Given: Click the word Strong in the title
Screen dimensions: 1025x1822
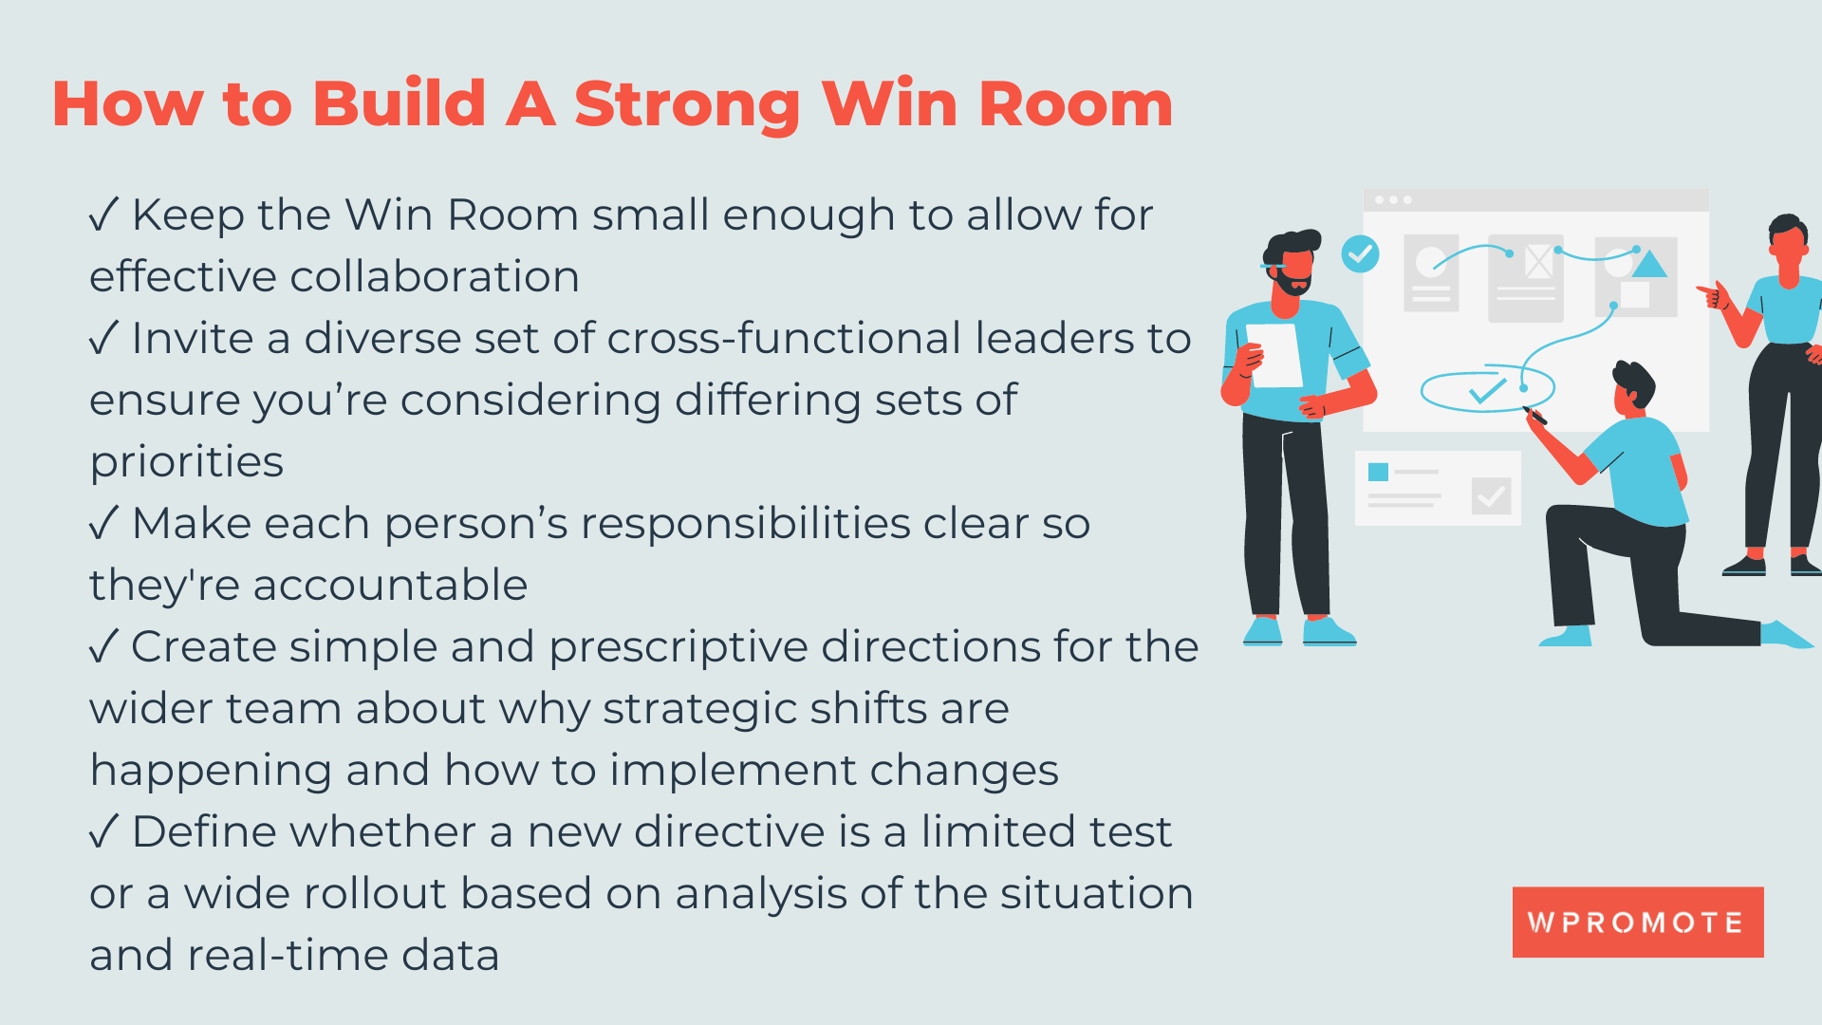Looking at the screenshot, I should pos(687,105).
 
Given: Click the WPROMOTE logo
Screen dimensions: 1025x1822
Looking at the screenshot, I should pos(1637,922).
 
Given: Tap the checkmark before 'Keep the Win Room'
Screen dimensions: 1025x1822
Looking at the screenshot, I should pos(103,214).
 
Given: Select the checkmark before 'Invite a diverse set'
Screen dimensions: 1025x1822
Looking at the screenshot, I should pos(103,338).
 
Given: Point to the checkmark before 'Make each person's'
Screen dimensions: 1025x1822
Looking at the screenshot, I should pos(103,523).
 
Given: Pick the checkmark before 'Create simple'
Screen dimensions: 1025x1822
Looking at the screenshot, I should pos(103,646).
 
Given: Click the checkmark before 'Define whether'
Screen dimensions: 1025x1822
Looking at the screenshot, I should pos(103,831).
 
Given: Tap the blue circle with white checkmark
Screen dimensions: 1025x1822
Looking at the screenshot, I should pos(1360,254).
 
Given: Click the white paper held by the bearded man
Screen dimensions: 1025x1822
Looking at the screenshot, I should pos(1277,355).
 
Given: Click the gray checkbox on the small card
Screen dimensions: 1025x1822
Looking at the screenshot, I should pos(1491,495).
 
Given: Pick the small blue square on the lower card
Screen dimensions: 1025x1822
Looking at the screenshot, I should pos(1378,472).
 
